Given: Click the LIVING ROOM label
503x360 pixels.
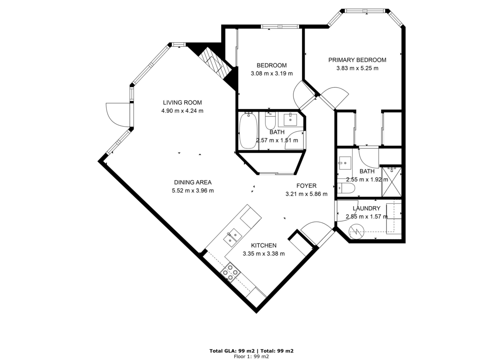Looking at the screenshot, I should pyautogui.click(x=182, y=102).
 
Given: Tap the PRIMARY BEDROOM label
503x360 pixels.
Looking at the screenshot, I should pyautogui.click(x=357, y=60).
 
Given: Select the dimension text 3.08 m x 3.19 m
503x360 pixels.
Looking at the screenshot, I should pyautogui.click(x=272, y=73).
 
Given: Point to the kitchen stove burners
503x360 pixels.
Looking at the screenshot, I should pyautogui.click(x=230, y=272).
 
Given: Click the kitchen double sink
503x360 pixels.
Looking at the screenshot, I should pyautogui.click(x=231, y=237).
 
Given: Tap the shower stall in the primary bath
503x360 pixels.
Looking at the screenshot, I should pyautogui.click(x=391, y=182).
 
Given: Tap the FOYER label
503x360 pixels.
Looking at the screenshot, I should pyautogui.click(x=306, y=186).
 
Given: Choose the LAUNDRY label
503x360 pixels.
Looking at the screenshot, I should pyautogui.click(x=366, y=208).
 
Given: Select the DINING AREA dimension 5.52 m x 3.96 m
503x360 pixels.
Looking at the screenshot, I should pyautogui.click(x=193, y=190).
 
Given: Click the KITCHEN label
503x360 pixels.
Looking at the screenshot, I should pyautogui.click(x=264, y=245).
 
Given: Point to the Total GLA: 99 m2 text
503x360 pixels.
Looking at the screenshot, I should pyautogui.click(x=232, y=351).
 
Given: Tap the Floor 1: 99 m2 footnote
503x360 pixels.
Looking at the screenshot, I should pyautogui.click(x=251, y=356).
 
